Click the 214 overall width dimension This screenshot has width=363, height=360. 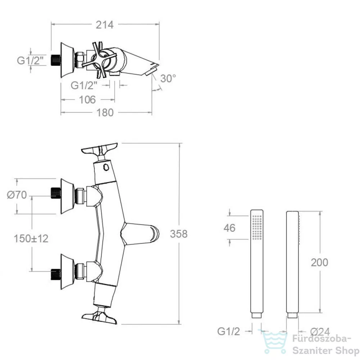click(x=105, y=25)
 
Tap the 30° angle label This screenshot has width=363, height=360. click(x=168, y=78)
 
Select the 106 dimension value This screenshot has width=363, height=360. click(x=87, y=100)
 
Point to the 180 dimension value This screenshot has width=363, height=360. click(x=105, y=113)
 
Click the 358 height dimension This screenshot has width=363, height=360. click(x=179, y=234)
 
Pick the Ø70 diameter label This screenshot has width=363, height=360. click(x=17, y=195)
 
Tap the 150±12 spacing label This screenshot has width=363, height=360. click(x=31, y=239)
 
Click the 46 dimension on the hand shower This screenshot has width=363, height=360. click(x=230, y=228)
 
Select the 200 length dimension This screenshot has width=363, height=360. click(x=319, y=262)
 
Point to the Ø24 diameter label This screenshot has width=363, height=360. click(x=320, y=332)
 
